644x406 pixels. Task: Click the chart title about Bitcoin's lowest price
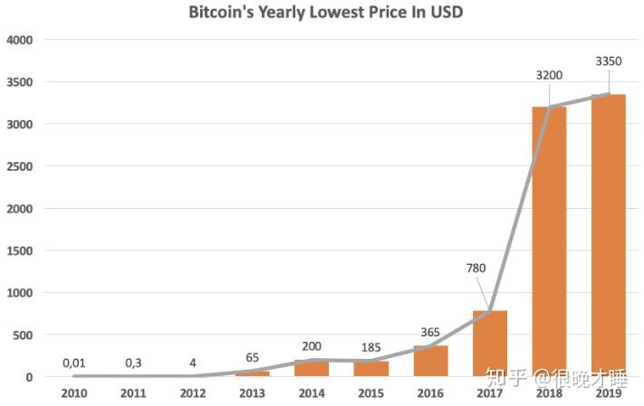pyautogui.click(x=326, y=13)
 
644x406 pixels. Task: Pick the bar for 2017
pyautogui.click(x=489, y=344)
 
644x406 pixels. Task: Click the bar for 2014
pyautogui.click(x=312, y=368)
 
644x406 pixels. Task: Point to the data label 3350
pyautogui.click(x=608, y=61)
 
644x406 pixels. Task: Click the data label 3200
pyautogui.click(x=549, y=76)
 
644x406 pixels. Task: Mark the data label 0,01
pyautogui.click(x=74, y=363)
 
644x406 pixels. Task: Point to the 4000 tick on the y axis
pyautogui.click(x=19, y=40)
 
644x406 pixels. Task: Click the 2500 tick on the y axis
pyautogui.click(x=19, y=166)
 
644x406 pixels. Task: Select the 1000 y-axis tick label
pyautogui.click(x=19, y=293)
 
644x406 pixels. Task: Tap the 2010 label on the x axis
pyautogui.click(x=74, y=393)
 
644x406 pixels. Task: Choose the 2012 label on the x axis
pyautogui.click(x=193, y=393)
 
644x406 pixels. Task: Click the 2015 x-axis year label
pyautogui.click(x=370, y=393)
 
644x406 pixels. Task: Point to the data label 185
pyautogui.click(x=370, y=346)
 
